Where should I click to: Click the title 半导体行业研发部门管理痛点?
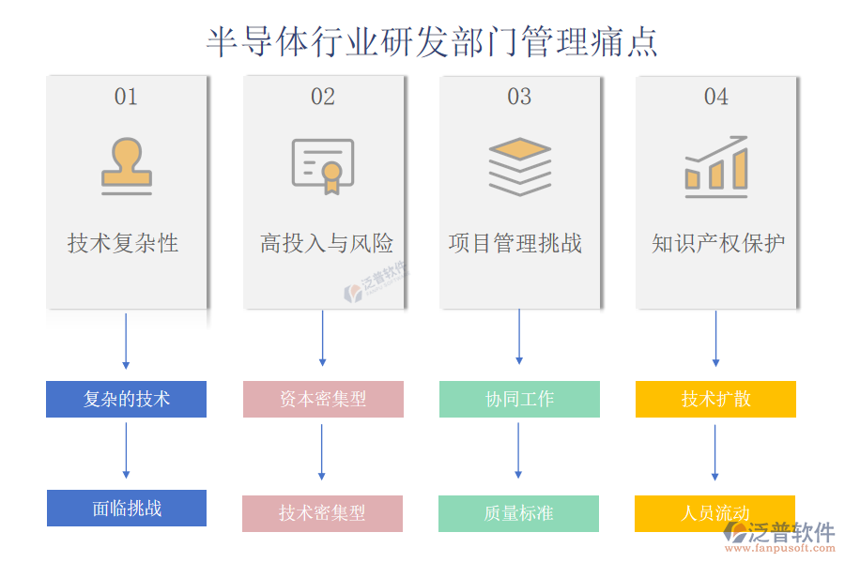[x=432, y=41]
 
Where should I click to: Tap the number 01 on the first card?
[x=126, y=97]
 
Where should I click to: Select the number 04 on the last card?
[x=715, y=97]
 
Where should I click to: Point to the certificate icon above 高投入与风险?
[x=323, y=166]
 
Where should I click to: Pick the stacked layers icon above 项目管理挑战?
[x=519, y=166]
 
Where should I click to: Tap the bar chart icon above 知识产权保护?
[x=715, y=166]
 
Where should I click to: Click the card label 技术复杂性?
[x=123, y=244]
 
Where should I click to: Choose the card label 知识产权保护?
[x=718, y=244]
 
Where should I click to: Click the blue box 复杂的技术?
[x=126, y=399]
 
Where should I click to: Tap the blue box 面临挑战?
[x=127, y=509]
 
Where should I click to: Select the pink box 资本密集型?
[x=323, y=399]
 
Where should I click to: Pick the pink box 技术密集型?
[x=322, y=513]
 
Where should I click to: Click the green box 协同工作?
[x=519, y=399]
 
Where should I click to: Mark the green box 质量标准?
[x=518, y=513]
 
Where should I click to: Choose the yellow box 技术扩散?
[x=715, y=399]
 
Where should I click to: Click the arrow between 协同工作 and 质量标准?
[x=518, y=450]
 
